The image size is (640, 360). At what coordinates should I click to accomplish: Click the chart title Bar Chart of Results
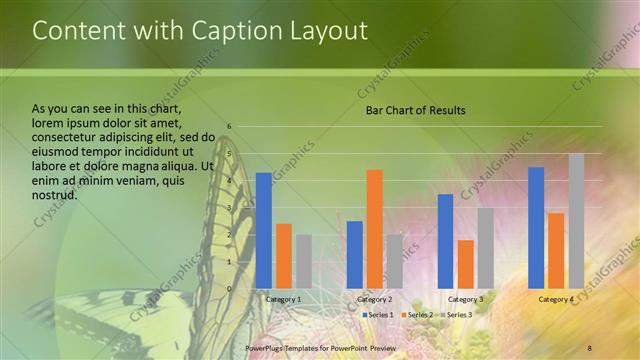(x=415, y=110)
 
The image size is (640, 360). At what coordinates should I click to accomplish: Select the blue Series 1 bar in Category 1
(x=264, y=231)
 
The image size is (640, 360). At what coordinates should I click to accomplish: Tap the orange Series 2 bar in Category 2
(x=374, y=229)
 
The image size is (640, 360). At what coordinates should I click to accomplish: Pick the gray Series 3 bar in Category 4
(x=576, y=221)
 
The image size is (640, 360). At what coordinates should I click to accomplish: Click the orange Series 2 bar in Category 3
(x=465, y=264)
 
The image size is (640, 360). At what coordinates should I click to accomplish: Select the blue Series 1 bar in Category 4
(x=536, y=228)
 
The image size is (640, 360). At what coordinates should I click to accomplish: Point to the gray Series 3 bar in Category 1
(x=304, y=262)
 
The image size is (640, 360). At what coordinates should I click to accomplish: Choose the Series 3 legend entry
(x=456, y=314)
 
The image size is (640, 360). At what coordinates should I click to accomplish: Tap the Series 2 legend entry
(x=418, y=314)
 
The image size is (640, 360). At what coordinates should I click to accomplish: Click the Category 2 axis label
(x=374, y=299)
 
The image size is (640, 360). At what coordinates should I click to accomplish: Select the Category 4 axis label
(x=556, y=299)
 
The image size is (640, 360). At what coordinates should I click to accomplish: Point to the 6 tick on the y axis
(x=229, y=127)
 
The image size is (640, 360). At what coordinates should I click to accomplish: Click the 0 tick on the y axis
(x=229, y=289)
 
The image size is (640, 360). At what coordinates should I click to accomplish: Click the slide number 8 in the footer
(x=589, y=347)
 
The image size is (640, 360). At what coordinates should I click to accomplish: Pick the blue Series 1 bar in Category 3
(x=445, y=241)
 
